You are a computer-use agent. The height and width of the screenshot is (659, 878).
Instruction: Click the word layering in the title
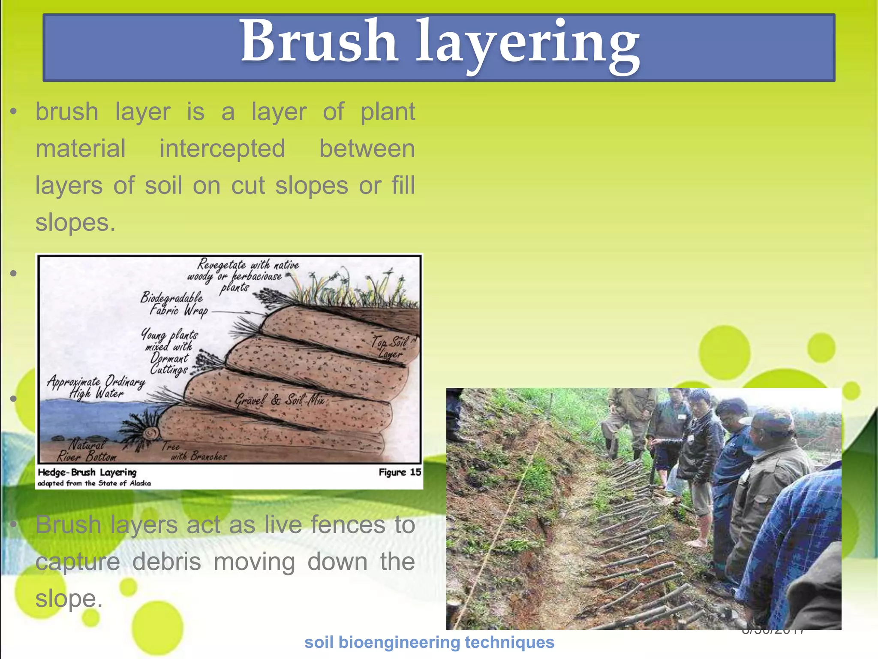pyautogui.click(x=527, y=45)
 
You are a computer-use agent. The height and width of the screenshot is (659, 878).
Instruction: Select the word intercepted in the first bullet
pyautogui.click(x=222, y=149)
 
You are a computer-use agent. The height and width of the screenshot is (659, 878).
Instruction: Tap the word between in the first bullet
pyautogui.click(x=367, y=149)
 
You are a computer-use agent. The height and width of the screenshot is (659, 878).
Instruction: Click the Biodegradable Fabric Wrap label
pyautogui.click(x=174, y=303)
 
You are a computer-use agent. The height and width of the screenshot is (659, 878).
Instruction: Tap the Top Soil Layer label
pyautogui.click(x=389, y=348)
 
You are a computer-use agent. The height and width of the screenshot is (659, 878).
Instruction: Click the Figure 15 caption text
pyautogui.click(x=400, y=472)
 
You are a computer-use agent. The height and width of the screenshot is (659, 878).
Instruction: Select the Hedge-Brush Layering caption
pyautogui.click(x=87, y=472)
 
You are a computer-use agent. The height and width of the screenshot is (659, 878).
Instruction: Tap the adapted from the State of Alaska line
pyautogui.click(x=94, y=484)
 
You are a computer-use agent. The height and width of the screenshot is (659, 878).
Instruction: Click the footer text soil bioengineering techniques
pyautogui.click(x=429, y=642)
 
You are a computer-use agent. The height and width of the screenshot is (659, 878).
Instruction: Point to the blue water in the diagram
pyautogui.click(x=86, y=418)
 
